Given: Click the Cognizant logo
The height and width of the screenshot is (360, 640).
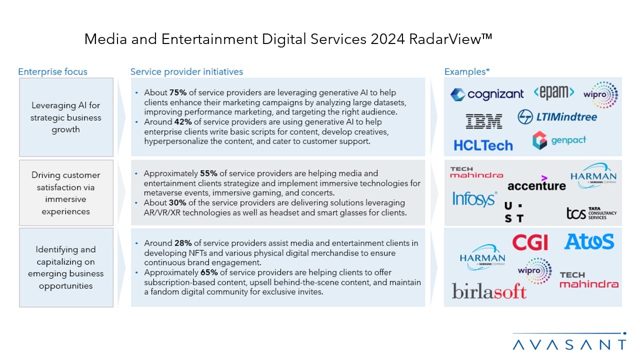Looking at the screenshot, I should pyautogui.click(x=487, y=94).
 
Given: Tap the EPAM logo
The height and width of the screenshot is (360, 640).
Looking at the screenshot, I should pyautogui.click(x=553, y=92).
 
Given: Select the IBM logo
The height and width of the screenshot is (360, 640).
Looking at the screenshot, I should pyautogui.click(x=483, y=121).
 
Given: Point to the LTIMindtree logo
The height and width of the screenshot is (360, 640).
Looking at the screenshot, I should pyautogui.click(x=557, y=117).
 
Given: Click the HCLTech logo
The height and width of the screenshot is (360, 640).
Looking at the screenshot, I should pyautogui.click(x=483, y=145).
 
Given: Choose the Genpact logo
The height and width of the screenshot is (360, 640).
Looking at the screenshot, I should pyautogui.click(x=559, y=140).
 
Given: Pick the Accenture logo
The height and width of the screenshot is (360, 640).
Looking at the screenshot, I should pyautogui.click(x=536, y=184).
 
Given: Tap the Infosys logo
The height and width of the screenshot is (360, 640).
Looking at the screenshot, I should pyautogui.click(x=474, y=198).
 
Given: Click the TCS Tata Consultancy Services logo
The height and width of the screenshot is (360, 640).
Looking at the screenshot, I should pyautogui.click(x=591, y=213).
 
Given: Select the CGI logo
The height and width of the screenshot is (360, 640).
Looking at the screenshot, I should pyautogui.click(x=530, y=243).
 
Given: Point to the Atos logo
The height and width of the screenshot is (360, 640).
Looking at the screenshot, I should pyautogui.click(x=589, y=242).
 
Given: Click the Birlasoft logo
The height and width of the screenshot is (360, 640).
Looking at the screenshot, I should pyautogui.click(x=489, y=291).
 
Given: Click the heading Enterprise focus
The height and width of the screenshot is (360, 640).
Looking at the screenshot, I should pyautogui.click(x=52, y=71).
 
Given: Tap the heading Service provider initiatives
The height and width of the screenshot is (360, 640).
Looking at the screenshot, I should pyautogui.click(x=186, y=71).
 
